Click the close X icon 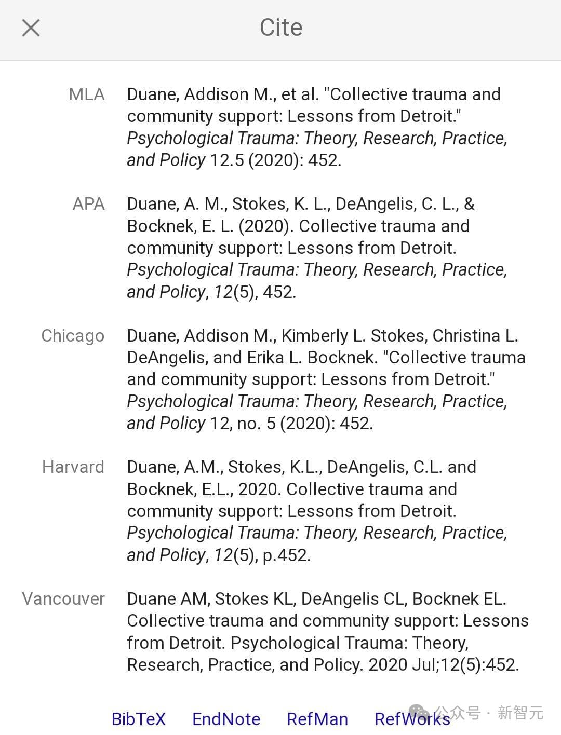(x=31, y=28)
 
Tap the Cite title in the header (x=280, y=28)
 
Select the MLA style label (x=87, y=94)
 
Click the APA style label (x=88, y=204)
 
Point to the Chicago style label (x=73, y=336)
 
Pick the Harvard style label (x=73, y=467)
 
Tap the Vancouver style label (x=63, y=599)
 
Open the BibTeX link (x=138, y=719)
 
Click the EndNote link (x=226, y=719)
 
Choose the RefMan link (x=317, y=719)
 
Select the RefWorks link (x=412, y=719)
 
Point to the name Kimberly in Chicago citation (x=314, y=336)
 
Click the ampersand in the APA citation (x=469, y=204)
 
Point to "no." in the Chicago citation (x=249, y=424)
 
